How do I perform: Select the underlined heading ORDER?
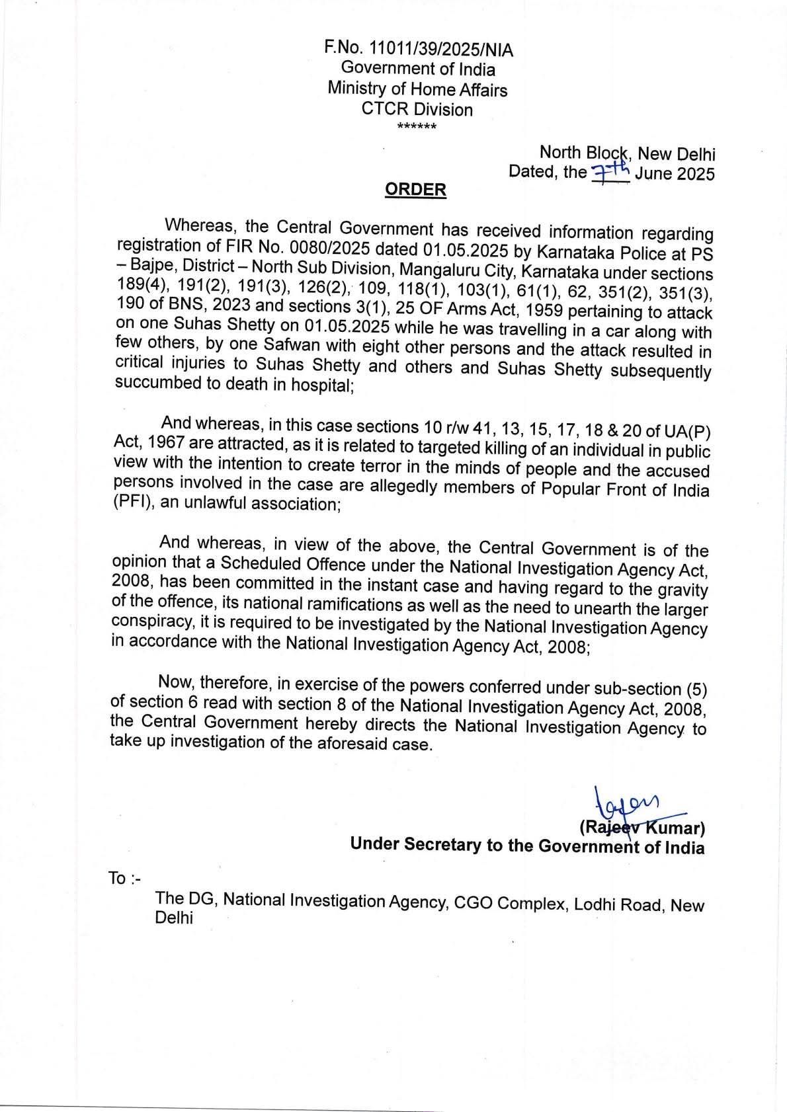pos(415,190)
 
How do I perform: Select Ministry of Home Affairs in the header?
pos(417,89)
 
